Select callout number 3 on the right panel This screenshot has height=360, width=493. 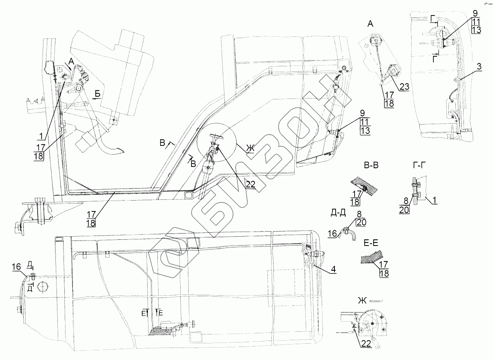[x=479, y=66]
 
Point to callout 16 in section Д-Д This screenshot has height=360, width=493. [x=332, y=233]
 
